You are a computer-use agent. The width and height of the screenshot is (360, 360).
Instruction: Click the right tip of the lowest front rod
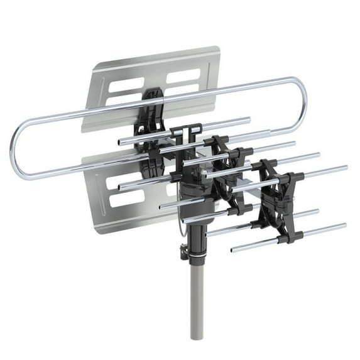click(x=344, y=225)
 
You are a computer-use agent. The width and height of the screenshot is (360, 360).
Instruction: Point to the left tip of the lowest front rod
click(x=232, y=249)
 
